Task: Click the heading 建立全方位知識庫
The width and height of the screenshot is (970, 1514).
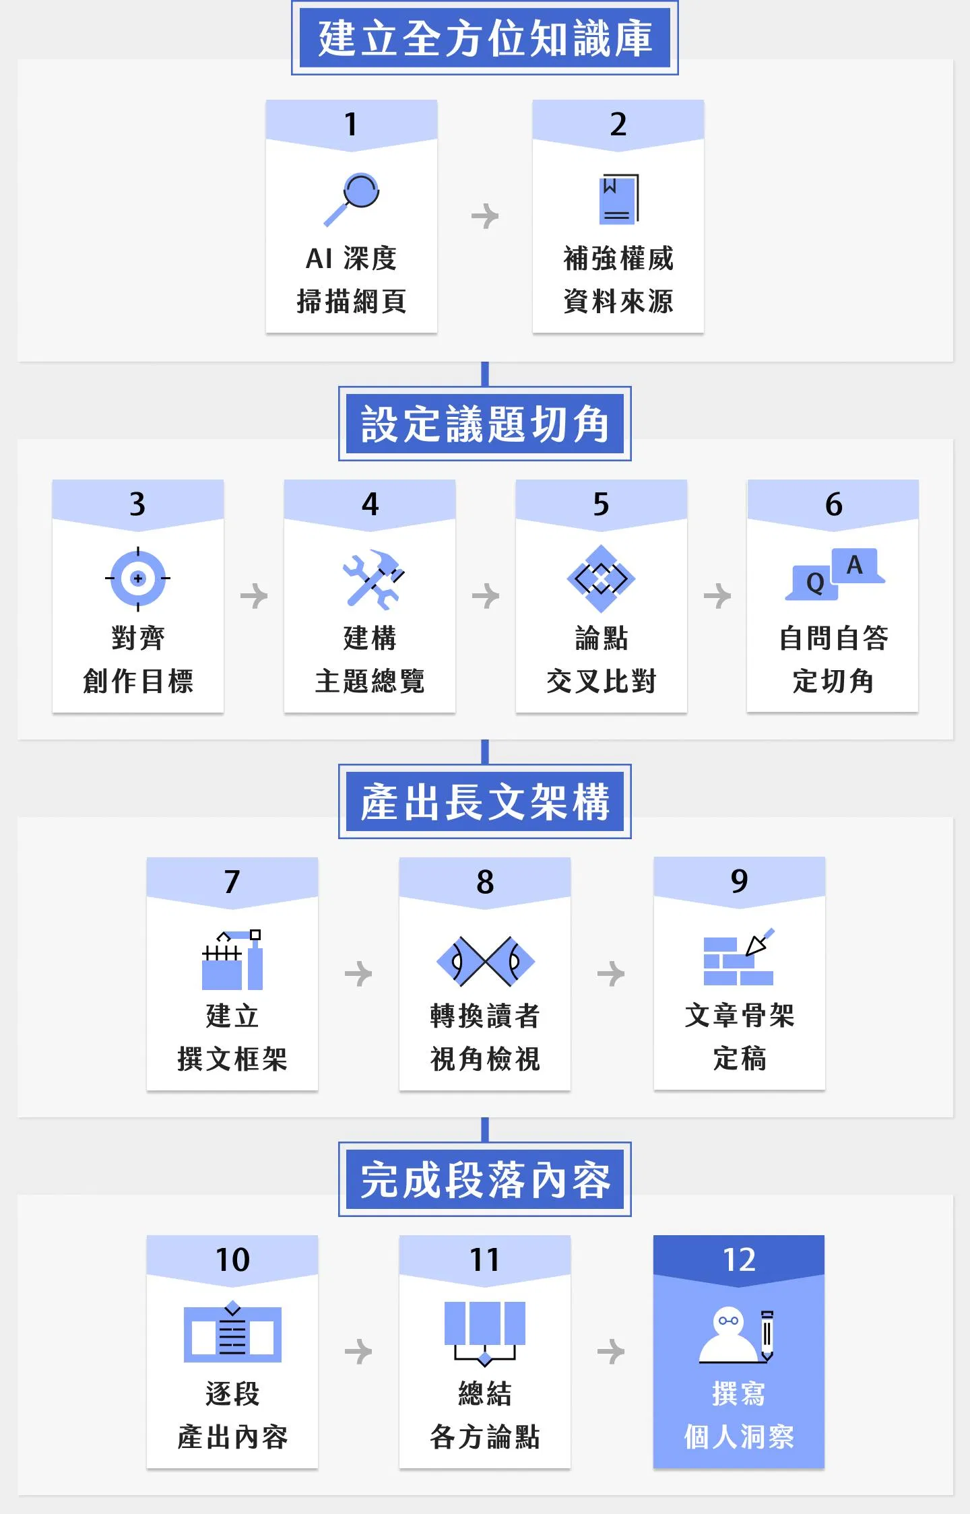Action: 485,38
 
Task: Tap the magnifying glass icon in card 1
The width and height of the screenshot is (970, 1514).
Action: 352,199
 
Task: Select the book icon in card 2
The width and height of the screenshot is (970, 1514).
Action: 618,199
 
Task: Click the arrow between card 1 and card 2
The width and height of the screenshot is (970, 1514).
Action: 485,216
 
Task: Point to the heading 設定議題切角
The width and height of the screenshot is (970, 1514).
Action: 485,424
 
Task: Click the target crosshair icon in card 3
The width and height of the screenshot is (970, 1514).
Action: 138,578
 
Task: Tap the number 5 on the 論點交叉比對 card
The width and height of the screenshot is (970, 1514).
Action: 601,504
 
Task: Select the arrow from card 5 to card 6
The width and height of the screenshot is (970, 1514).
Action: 717,595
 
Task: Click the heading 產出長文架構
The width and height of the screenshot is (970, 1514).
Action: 485,801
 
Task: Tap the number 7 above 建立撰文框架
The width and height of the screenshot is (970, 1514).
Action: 232,882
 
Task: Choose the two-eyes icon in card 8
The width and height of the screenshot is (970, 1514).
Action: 485,961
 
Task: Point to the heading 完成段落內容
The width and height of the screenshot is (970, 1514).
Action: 485,1179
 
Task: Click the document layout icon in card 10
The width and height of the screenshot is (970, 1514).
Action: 232,1332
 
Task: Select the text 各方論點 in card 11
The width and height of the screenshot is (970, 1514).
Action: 485,1437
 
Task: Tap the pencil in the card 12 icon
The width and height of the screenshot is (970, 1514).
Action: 767,1336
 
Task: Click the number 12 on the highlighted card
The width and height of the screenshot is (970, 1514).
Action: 739,1259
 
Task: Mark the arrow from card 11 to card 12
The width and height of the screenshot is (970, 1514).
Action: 611,1351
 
